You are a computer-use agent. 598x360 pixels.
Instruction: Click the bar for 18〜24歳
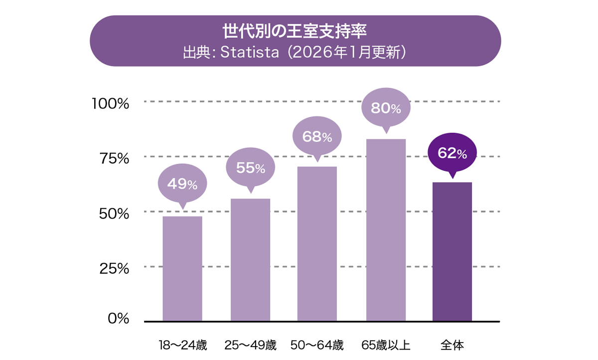[182, 268]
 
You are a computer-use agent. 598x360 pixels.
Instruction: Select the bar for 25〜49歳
[250, 259]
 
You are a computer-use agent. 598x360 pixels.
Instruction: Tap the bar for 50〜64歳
[317, 243]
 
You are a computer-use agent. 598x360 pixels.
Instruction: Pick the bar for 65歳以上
[386, 230]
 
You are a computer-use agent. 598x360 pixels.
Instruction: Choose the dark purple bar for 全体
[452, 251]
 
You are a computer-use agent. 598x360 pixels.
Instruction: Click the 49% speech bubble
[182, 184]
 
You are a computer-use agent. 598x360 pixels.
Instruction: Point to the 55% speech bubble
[250, 168]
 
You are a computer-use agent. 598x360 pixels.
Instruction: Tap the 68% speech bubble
[317, 137]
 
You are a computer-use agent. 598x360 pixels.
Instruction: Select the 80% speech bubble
[386, 108]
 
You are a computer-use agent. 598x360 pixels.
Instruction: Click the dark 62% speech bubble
[452, 153]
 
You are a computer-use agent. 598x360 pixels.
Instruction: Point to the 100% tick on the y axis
[110, 104]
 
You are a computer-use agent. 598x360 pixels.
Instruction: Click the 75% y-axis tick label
[113, 159]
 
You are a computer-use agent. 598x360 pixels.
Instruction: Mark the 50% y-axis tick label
[113, 214]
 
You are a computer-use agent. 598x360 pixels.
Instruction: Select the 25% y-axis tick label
[113, 269]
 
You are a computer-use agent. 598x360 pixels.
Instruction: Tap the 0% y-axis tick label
[118, 319]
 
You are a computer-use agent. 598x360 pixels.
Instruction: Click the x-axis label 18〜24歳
[182, 345]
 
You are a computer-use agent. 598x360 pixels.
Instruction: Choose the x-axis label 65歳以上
[386, 345]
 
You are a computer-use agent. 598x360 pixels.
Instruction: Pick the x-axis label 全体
[452, 345]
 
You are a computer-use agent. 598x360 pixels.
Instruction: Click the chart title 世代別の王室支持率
[295, 32]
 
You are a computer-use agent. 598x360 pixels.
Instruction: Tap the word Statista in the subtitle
[249, 53]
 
